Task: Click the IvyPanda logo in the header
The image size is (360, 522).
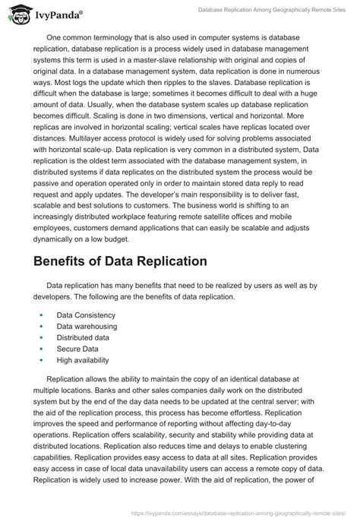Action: pyautogui.click(x=45, y=14)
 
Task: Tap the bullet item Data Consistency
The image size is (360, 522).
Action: pyautogui.click(x=85, y=314)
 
